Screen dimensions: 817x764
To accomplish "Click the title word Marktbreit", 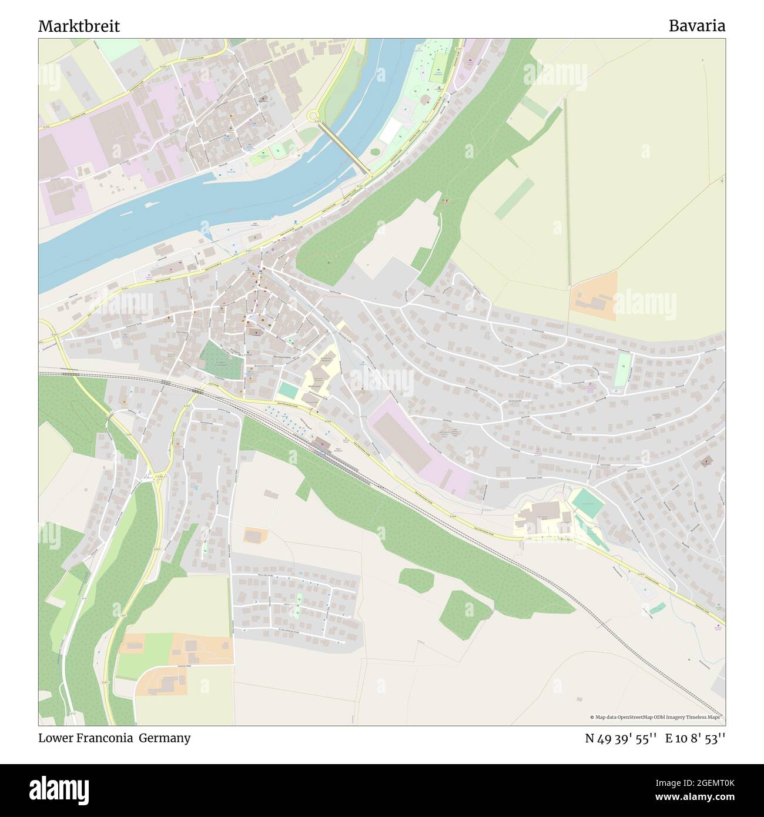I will coord(79,26).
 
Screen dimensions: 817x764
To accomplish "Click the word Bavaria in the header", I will coord(696,26).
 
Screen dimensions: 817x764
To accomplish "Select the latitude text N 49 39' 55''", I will coord(621,738).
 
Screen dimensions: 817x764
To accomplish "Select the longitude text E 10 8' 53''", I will coord(695,738).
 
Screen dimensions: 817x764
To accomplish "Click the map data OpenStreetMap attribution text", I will coord(656,717).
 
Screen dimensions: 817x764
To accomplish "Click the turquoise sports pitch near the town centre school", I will coord(288,390).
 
